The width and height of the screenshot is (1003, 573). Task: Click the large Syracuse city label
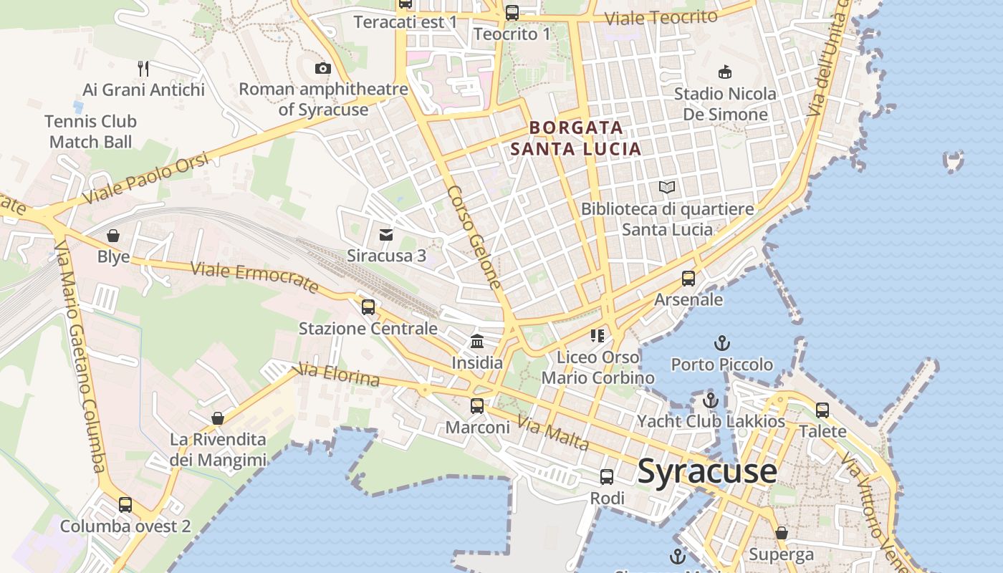pyautogui.click(x=706, y=471)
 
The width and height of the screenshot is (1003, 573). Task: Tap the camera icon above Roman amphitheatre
pyautogui.click(x=323, y=69)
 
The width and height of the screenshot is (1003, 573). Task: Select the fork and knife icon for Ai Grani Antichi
pyautogui.click(x=143, y=69)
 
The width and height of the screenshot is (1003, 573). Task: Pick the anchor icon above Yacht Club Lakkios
pyautogui.click(x=711, y=400)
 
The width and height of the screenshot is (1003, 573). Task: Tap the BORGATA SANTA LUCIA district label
pyautogui.click(x=575, y=138)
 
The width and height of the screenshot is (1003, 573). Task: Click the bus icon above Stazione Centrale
pyautogui.click(x=368, y=307)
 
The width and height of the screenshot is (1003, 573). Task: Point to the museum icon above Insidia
pyautogui.click(x=477, y=342)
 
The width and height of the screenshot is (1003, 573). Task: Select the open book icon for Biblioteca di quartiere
pyautogui.click(x=667, y=188)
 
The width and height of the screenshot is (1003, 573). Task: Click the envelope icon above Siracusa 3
pyautogui.click(x=386, y=234)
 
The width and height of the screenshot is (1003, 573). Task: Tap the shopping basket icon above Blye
pyautogui.click(x=113, y=236)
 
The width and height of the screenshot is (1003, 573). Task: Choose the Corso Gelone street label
pyautogui.click(x=474, y=237)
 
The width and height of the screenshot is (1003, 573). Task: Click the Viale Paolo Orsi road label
pyautogui.click(x=146, y=177)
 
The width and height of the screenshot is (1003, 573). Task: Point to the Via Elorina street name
pyautogui.click(x=337, y=374)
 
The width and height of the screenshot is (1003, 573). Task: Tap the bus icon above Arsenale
pyautogui.click(x=688, y=279)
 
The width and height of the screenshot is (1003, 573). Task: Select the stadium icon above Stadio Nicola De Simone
pyautogui.click(x=725, y=72)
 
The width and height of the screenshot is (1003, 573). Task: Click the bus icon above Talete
pyautogui.click(x=822, y=410)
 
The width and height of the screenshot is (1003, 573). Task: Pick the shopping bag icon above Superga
pyautogui.click(x=782, y=533)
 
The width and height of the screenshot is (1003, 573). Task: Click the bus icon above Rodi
pyautogui.click(x=607, y=477)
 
